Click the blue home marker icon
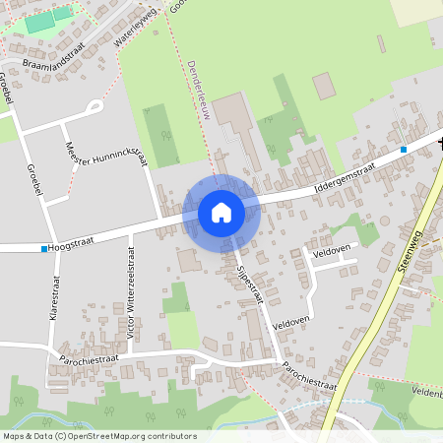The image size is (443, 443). [221, 213]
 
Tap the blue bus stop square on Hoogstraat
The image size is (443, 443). [44, 248]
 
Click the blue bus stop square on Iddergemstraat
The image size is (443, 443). [403, 150]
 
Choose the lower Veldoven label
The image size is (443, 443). [291, 322]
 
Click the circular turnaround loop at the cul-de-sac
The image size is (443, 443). [95, 105]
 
